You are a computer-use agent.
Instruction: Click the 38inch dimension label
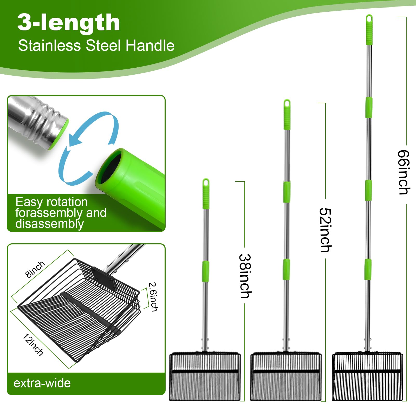(x=245, y=276)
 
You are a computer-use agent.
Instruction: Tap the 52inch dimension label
(x=326, y=230)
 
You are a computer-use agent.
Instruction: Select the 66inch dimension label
(x=404, y=172)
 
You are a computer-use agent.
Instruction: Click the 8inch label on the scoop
(x=35, y=269)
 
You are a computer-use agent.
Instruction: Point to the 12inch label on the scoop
(x=33, y=344)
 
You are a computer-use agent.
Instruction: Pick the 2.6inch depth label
(x=153, y=297)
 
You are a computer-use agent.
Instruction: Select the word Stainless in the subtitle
(x=50, y=45)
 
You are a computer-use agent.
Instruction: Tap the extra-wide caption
(x=42, y=383)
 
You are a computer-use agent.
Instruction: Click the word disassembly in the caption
(x=50, y=224)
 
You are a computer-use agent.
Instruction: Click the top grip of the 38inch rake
(x=206, y=193)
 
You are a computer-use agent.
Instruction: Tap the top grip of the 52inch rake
(x=287, y=114)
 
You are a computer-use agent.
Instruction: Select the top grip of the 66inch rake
(x=369, y=30)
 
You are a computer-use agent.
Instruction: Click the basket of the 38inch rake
(x=205, y=376)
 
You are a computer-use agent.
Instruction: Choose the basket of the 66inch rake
(x=367, y=376)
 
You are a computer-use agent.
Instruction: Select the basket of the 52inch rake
(x=286, y=376)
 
